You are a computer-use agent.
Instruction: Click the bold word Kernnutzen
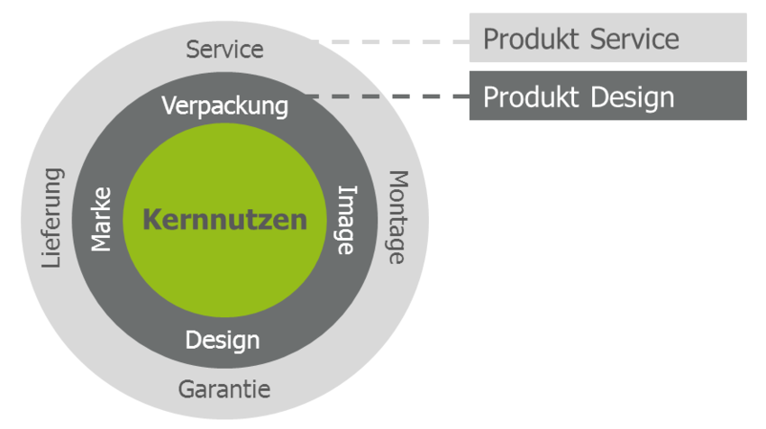pyautogui.click(x=225, y=220)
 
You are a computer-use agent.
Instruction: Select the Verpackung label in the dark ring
pyautogui.click(x=225, y=106)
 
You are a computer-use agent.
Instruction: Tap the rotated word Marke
pyautogui.click(x=102, y=219)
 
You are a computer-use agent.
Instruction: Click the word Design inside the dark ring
pyautogui.click(x=223, y=341)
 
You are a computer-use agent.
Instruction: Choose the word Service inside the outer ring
pyautogui.click(x=225, y=49)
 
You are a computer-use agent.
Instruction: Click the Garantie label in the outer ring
pyautogui.click(x=224, y=390)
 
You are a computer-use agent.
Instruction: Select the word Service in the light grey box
pyautogui.click(x=634, y=39)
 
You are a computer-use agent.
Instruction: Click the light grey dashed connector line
pyautogui.click(x=388, y=41)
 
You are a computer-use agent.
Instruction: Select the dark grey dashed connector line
pyautogui.click(x=388, y=96)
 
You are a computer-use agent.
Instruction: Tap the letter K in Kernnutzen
pyautogui.click(x=150, y=220)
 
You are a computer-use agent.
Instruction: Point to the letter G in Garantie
pyautogui.click(x=186, y=390)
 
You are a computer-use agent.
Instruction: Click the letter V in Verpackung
pyautogui.click(x=169, y=105)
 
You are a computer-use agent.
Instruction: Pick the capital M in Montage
pyautogui.click(x=397, y=179)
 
